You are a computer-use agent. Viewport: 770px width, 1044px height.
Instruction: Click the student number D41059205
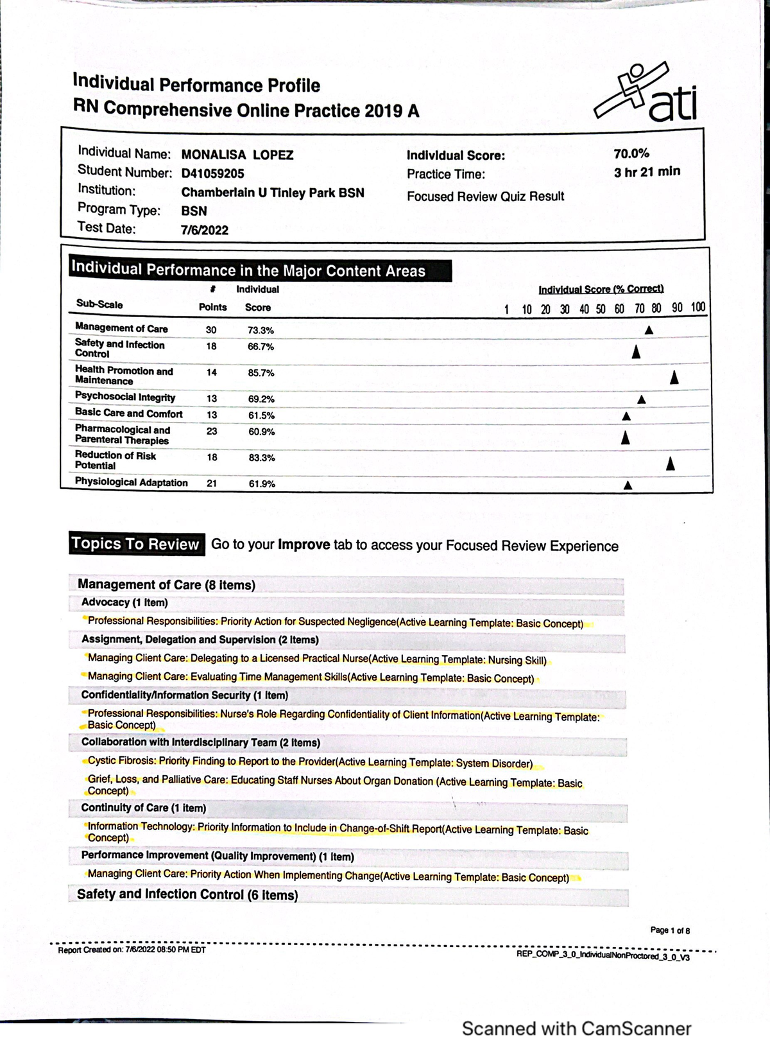tap(212, 173)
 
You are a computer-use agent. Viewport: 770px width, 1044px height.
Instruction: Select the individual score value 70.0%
tap(631, 153)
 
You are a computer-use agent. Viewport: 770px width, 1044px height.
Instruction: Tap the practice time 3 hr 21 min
tap(647, 172)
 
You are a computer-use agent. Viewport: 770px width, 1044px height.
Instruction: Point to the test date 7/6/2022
tap(205, 230)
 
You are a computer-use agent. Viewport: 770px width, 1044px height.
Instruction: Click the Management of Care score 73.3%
tap(261, 331)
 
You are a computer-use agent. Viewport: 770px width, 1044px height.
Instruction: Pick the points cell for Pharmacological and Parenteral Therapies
tap(212, 431)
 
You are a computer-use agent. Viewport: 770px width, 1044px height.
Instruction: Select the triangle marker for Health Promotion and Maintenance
tap(674, 378)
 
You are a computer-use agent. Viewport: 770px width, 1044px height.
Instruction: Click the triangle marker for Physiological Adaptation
tap(628, 485)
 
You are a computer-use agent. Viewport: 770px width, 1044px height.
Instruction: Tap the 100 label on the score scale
tap(698, 308)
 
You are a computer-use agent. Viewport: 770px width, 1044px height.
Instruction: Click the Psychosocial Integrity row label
tap(125, 397)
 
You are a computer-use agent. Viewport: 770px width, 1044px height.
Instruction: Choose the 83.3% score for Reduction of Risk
tap(261, 458)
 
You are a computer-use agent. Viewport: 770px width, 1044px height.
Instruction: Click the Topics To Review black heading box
tap(135, 544)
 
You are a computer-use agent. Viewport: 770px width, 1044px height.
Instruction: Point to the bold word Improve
tap(304, 545)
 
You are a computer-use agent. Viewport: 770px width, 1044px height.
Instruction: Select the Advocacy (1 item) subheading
tap(124, 603)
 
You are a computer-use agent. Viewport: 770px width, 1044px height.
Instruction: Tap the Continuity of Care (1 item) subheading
tap(143, 808)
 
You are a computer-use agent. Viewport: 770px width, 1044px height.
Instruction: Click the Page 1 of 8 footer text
tap(670, 930)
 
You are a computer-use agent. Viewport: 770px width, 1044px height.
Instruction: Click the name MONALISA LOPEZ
tap(237, 155)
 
